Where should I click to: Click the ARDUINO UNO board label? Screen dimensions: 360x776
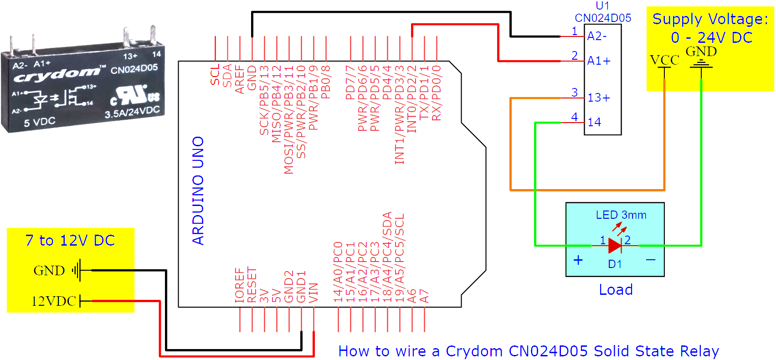(x=198, y=190)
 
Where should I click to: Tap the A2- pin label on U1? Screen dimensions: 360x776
(x=597, y=36)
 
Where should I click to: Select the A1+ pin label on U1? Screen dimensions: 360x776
(x=599, y=61)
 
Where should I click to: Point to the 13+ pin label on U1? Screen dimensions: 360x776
(x=599, y=98)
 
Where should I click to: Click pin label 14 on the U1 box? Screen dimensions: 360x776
(x=594, y=122)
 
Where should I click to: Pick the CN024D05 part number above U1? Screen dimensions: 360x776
(x=603, y=18)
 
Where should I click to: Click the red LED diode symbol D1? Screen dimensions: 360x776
(x=615, y=246)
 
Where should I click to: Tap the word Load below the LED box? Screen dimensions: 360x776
(x=616, y=290)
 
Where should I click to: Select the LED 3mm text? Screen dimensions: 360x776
(x=621, y=215)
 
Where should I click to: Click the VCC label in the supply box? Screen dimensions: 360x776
(x=664, y=60)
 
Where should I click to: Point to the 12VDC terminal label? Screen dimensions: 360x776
(x=53, y=301)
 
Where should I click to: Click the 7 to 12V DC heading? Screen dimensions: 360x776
(x=70, y=241)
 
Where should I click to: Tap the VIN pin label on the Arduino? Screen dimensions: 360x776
(x=313, y=293)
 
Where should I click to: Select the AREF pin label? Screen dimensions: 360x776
(x=240, y=80)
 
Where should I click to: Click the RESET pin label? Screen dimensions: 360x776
(x=252, y=285)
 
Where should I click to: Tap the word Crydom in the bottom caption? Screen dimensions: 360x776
(x=474, y=351)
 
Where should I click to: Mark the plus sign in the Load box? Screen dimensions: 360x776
(x=578, y=260)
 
